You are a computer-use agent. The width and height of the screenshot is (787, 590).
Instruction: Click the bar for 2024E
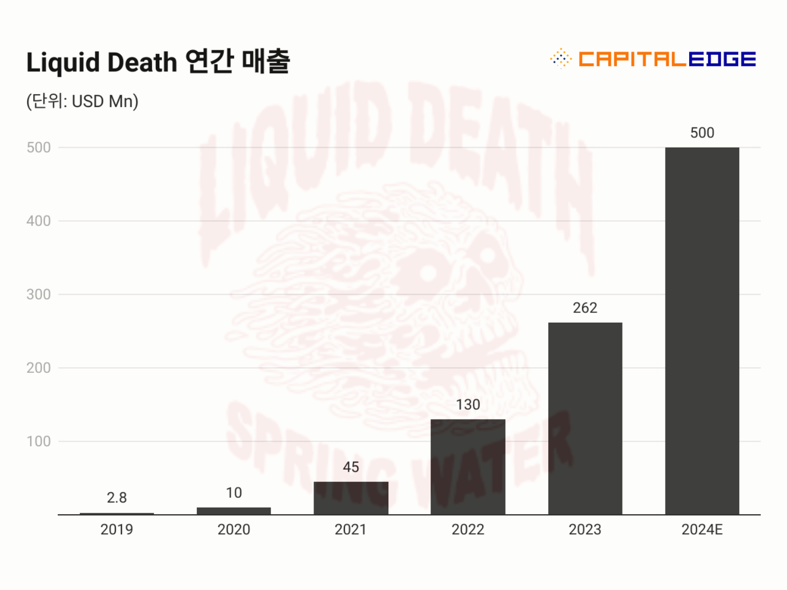(702, 331)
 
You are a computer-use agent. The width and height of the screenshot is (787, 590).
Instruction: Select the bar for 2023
(585, 418)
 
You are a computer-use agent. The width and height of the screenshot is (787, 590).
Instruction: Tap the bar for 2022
(468, 467)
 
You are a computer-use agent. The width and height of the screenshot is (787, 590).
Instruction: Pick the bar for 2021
(351, 498)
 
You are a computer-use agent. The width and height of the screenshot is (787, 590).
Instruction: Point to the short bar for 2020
(234, 511)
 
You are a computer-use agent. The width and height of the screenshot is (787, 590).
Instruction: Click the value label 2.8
(117, 497)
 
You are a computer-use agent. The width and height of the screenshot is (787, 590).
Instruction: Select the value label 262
(585, 308)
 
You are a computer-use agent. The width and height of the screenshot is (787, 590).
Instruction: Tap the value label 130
(468, 405)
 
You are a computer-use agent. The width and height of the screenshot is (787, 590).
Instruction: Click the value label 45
(351, 467)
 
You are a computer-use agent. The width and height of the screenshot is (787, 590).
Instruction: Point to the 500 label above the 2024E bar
(702, 133)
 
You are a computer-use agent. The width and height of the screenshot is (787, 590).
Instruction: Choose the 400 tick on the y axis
(38, 221)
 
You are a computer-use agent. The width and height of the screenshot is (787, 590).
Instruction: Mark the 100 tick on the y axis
(38, 441)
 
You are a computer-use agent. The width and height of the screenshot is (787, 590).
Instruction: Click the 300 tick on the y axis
(38, 294)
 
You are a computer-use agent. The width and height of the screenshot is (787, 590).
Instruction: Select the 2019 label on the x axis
(117, 530)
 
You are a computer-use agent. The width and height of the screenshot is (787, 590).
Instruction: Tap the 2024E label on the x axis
(702, 530)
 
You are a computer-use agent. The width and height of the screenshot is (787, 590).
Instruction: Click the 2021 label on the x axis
(351, 530)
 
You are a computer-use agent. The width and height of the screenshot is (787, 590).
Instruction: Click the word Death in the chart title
(142, 62)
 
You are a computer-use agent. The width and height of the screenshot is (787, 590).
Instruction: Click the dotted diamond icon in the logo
(561, 58)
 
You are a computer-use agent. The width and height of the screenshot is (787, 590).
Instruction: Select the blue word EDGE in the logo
(722, 59)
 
